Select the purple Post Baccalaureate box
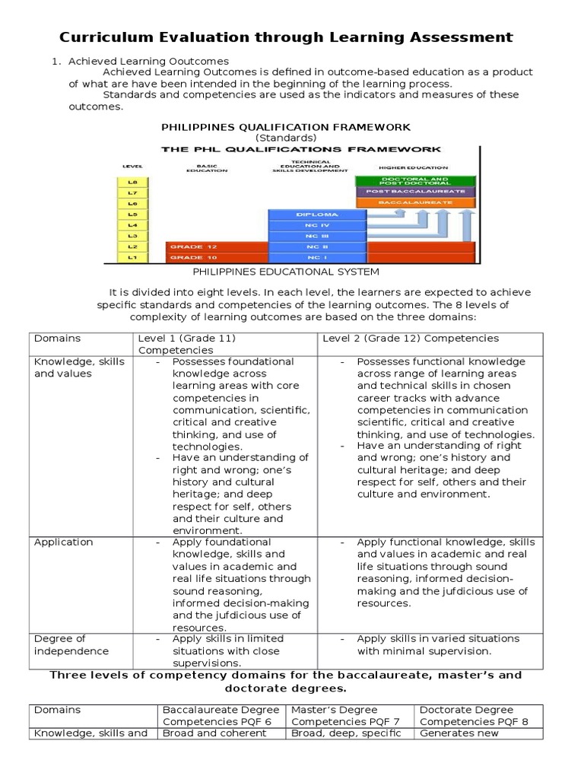[x=415, y=192]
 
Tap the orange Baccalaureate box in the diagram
[x=415, y=204]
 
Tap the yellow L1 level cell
[x=132, y=259]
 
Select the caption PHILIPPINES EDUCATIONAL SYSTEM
[x=285, y=272]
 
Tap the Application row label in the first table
[x=64, y=542]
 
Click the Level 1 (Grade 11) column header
[x=186, y=344]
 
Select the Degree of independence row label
[x=60, y=644]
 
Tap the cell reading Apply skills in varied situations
[x=438, y=644]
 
